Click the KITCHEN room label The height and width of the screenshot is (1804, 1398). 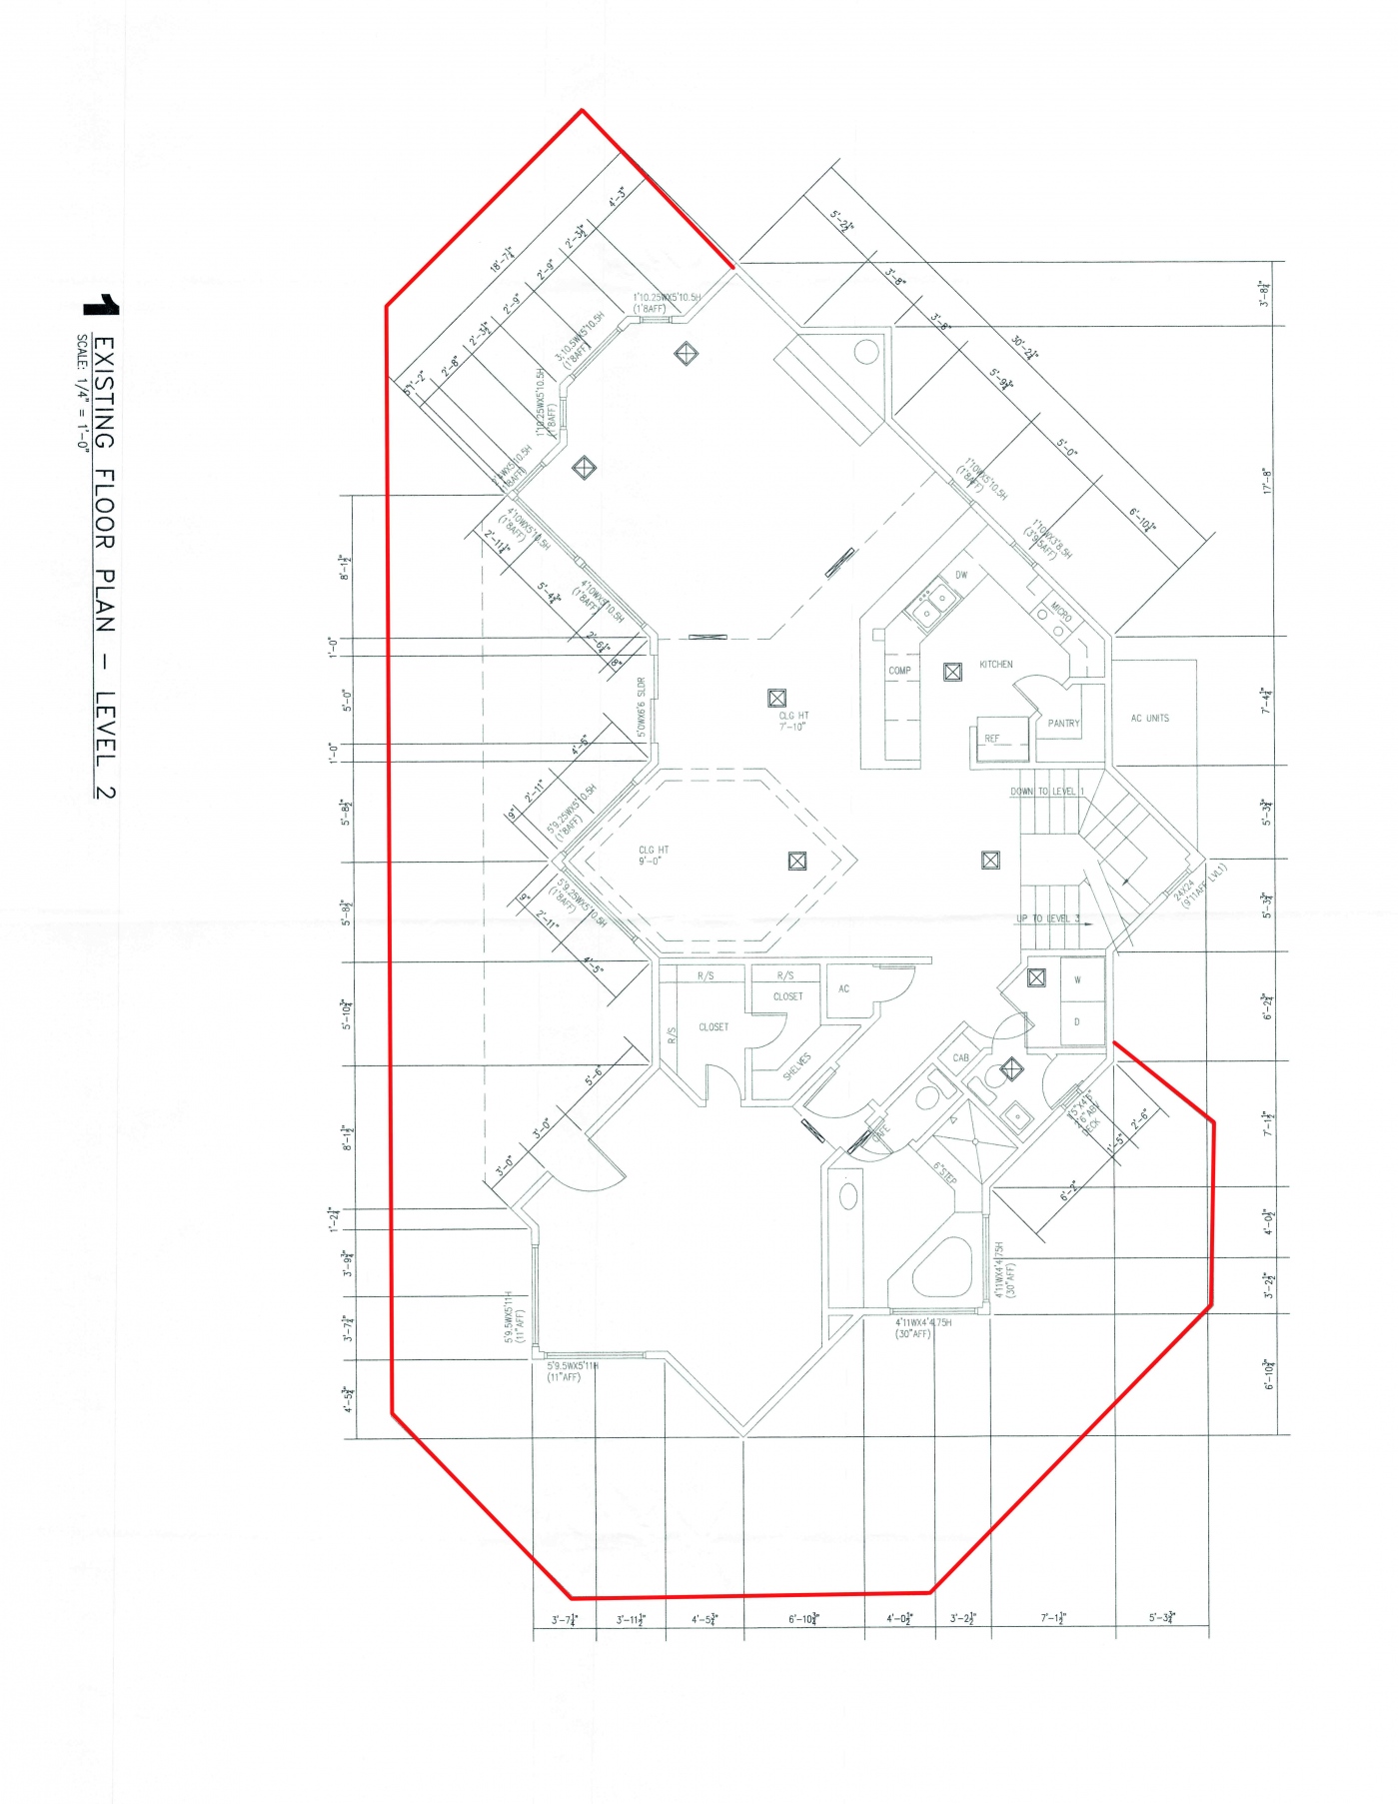[995, 664]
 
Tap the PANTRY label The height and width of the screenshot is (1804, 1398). [1063, 723]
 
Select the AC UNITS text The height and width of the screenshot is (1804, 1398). [1149, 718]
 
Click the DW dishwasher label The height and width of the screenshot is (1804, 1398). [961, 575]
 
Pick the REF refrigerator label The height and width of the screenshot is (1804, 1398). [991, 739]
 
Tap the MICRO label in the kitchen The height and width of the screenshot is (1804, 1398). [1060, 613]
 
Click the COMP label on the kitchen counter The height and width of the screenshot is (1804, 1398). [899, 671]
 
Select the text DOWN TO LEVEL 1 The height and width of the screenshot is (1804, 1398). [1046, 791]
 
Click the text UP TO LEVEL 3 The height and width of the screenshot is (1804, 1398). [1048, 918]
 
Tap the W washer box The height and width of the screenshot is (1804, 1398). [1077, 979]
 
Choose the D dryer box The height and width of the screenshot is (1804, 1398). [1077, 1022]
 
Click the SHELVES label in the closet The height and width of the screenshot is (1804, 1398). [796, 1066]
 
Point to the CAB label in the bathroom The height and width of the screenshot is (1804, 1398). [960, 1057]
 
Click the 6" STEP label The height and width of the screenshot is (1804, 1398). [944, 1173]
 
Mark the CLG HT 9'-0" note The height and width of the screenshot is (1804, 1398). [654, 856]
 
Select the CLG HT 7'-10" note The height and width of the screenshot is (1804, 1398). [793, 721]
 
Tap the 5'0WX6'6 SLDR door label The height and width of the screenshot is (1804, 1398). [642, 708]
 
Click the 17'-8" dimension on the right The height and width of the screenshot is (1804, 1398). [1265, 482]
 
